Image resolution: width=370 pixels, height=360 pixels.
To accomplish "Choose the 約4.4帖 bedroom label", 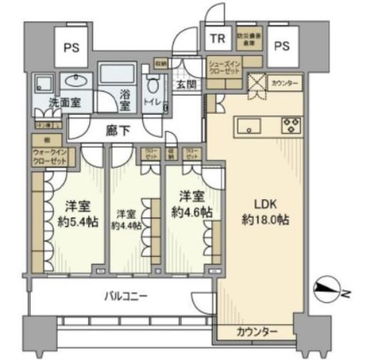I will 126,219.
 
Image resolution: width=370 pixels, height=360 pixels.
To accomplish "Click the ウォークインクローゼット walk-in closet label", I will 50,157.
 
